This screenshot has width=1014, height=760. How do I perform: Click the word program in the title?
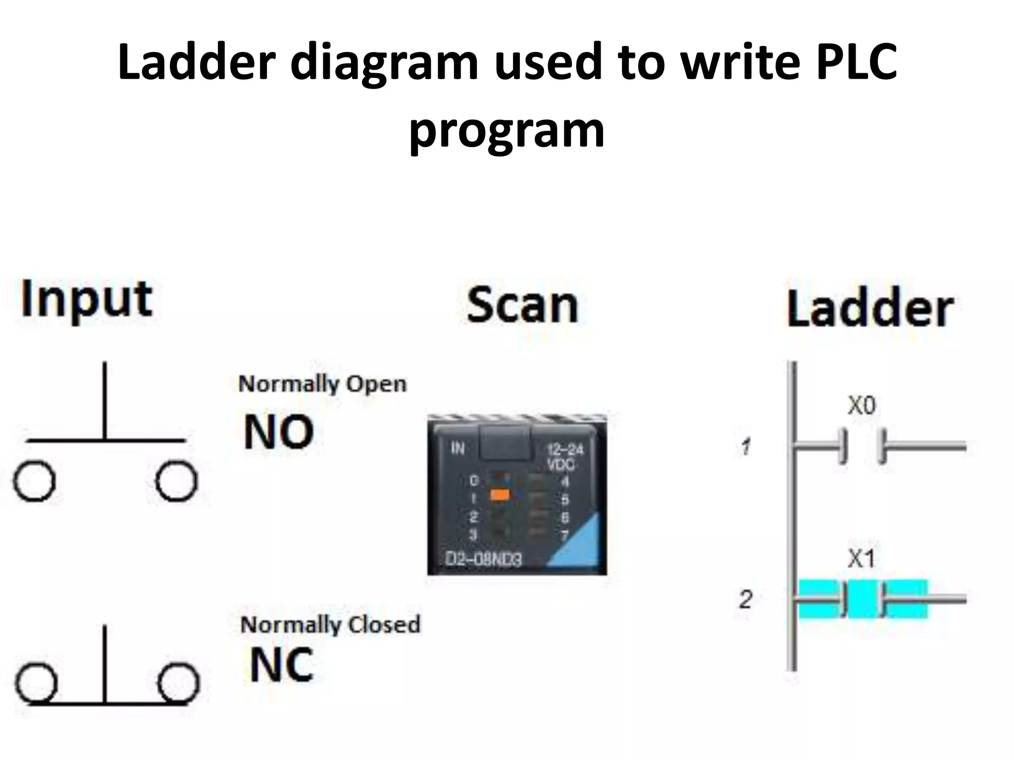pyautogui.click(x=507, y=131)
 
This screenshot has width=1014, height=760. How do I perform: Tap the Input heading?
pyautogui.click(x=86, y=300)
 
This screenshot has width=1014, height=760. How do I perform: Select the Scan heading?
pyautogui.click(x=522, y=305)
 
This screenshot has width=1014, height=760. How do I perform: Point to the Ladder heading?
pyautogui.click(x=870, y=309)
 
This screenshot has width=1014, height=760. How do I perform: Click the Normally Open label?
pyautogui.click(x=322, y=384)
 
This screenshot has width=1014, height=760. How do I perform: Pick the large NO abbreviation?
pyautogui.click(x=279, y=432)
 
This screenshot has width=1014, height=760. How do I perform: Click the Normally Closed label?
pyautogui.click(x=330, y=624)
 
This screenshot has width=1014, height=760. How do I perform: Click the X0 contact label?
pyautogui.click(x=862, y=406)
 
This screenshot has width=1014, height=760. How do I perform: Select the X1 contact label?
pyautogui.click(x=862, y=559)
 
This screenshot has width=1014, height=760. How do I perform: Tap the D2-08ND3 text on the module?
pyautogui.click(x=483, y=559)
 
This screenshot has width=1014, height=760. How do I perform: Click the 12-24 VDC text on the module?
pyautogui.click(x=564, y=457)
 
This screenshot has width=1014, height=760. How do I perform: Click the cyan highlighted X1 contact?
pyautogui.click(x=862, y=599)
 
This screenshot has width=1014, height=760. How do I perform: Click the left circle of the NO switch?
pyautogui.click(x=34, y=481)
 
